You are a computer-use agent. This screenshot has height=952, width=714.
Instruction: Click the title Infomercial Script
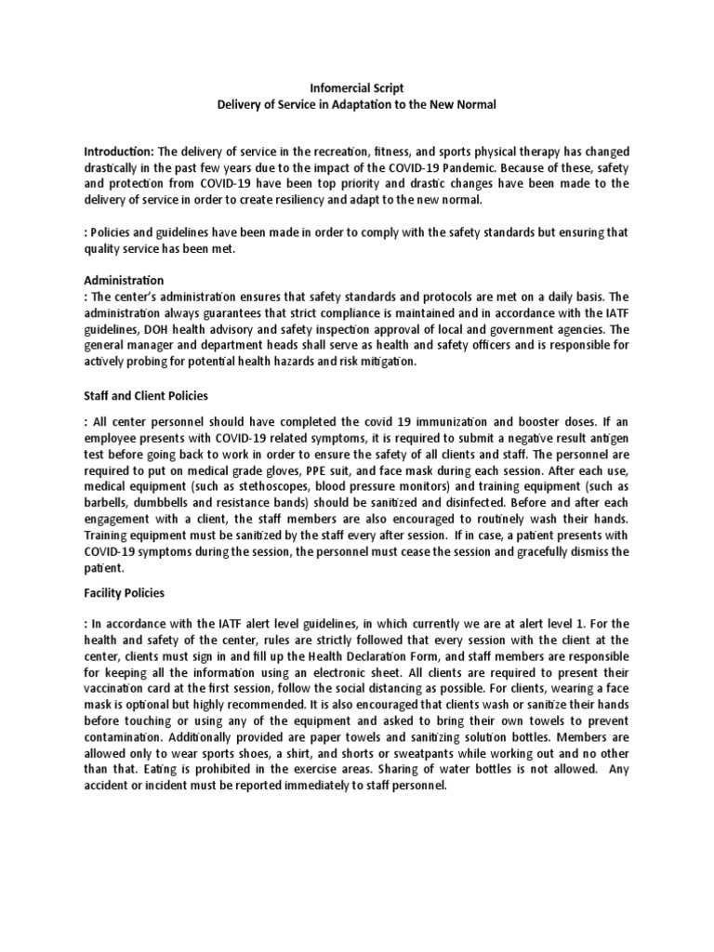357,87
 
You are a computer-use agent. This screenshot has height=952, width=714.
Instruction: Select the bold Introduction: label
119,152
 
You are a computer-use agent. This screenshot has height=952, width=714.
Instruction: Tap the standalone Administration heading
124,280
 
